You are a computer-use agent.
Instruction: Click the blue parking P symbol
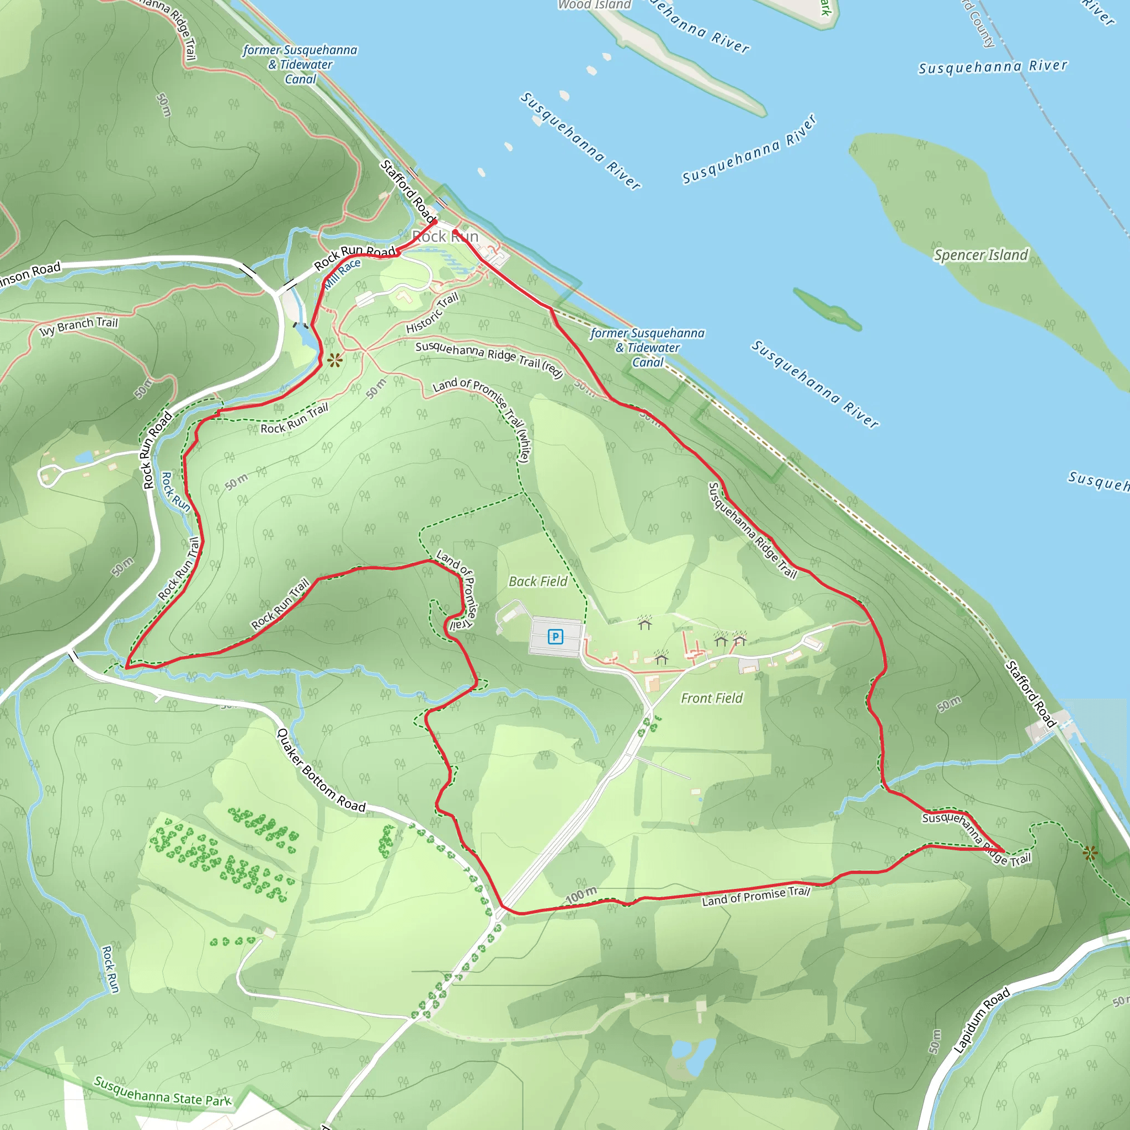coord(555,636)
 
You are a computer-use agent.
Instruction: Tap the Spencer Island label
coord(980,255)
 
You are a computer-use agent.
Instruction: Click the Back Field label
coord(537,582)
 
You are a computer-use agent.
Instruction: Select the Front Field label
coord(711,698)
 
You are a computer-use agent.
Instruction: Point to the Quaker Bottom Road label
coord(321,770)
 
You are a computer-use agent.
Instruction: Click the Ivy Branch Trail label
coord(78,327)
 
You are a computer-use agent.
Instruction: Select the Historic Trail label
coord(432,313)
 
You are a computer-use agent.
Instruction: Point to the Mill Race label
coord(343,273)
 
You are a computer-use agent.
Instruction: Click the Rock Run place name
coord(445,236)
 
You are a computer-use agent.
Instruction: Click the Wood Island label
coord(594,4)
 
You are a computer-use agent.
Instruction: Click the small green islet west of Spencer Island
coord(827,308)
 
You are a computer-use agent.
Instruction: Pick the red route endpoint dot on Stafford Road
coord(435,222)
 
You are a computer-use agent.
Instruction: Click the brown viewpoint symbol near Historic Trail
coord(334,360)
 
